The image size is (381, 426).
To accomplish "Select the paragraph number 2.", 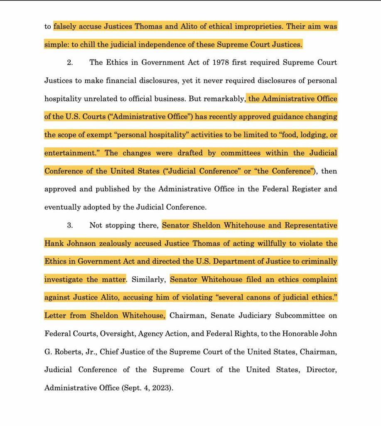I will [70, 62].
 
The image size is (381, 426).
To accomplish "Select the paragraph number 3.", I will [70, 225].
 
